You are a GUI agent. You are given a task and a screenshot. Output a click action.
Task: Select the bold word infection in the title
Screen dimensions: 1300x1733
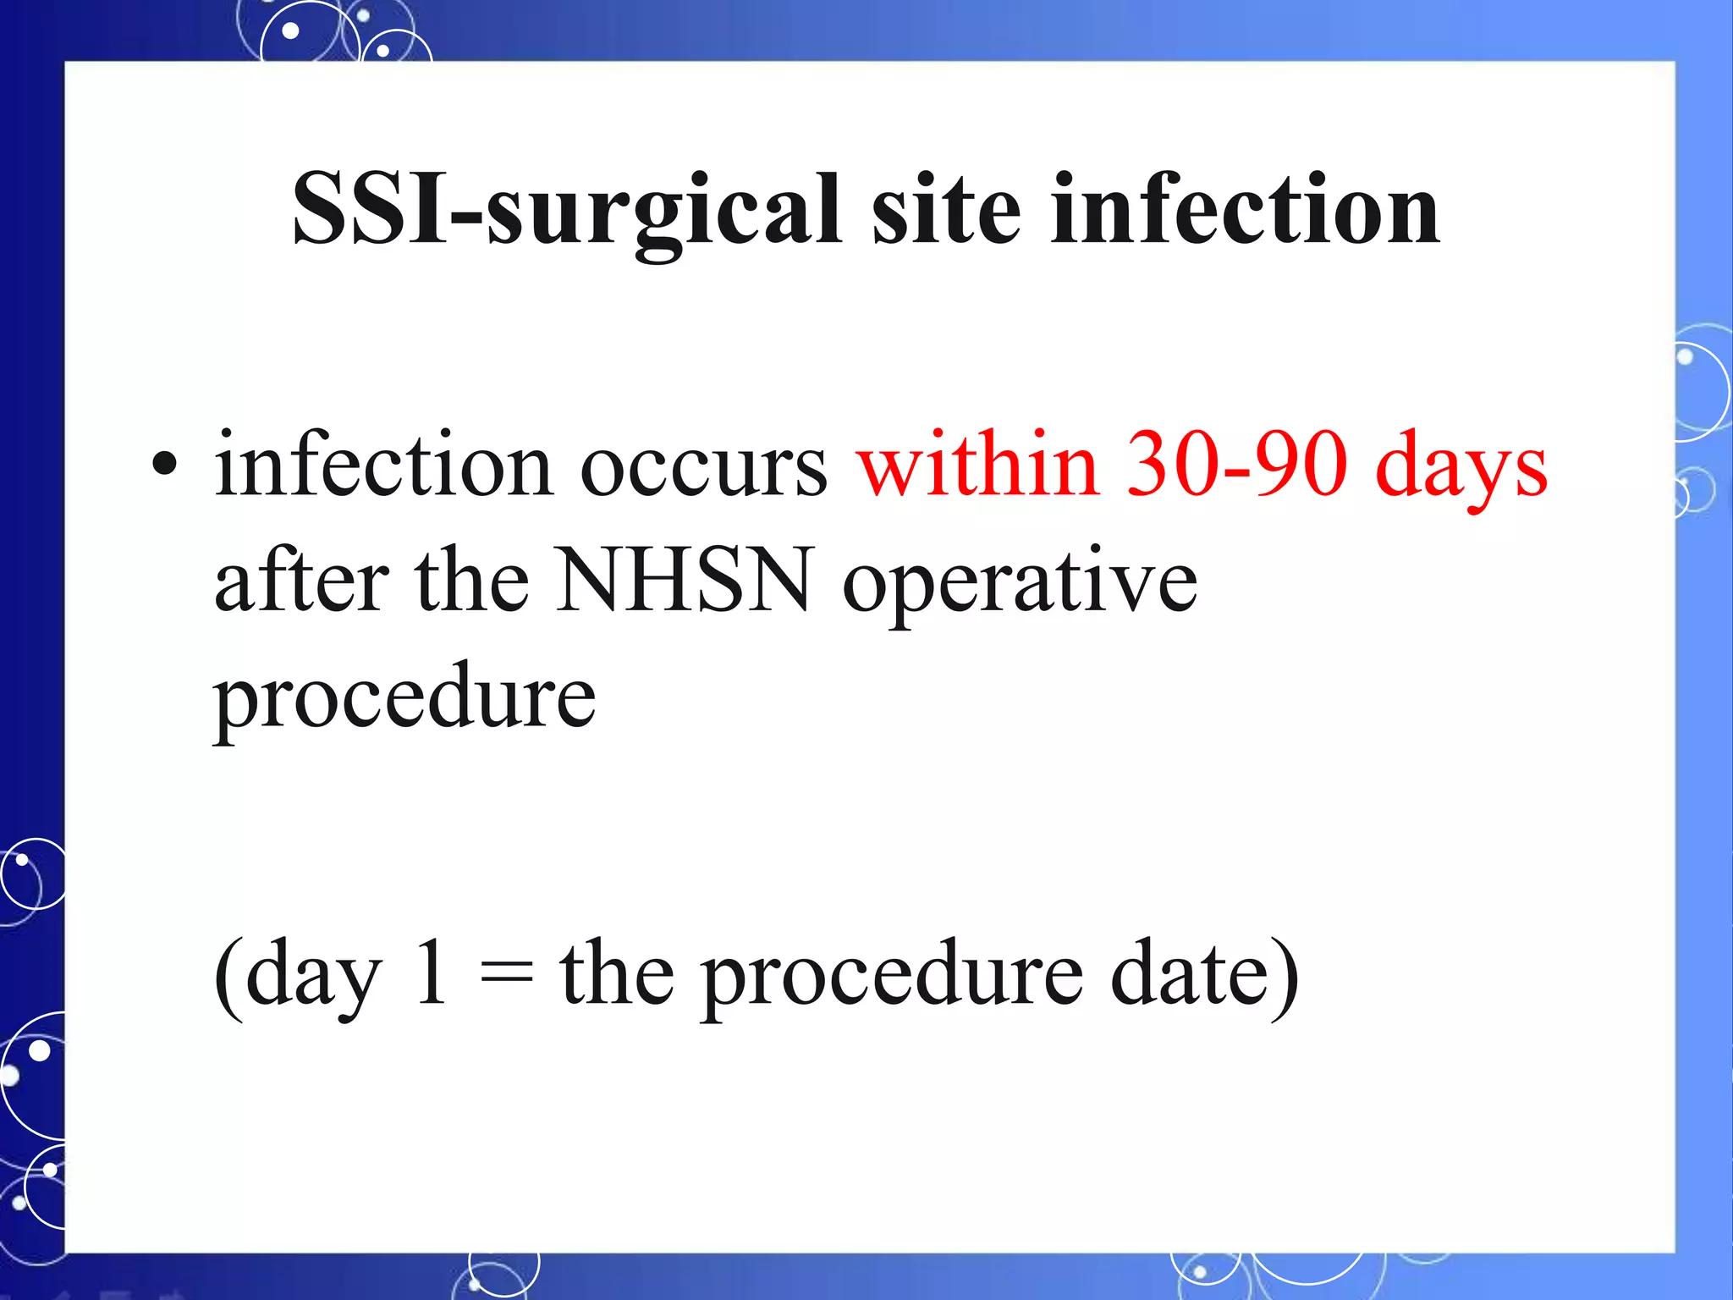(1245, 209)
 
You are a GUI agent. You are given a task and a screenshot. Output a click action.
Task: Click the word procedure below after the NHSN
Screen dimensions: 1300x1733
(404, 699)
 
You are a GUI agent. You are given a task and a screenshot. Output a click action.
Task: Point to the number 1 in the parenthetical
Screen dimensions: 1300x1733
(431, 973)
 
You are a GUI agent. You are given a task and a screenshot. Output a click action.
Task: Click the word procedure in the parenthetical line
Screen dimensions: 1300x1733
(893, 978)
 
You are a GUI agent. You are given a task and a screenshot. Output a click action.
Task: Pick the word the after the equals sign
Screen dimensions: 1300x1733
(617, 973)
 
